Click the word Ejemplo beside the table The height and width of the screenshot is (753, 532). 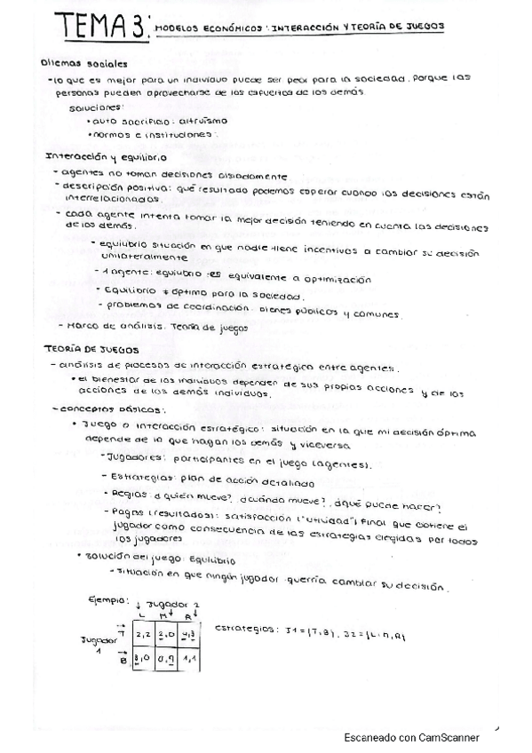point(107,602)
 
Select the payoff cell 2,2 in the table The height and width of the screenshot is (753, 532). point(145,634)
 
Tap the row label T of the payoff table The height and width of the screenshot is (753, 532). point(122,632)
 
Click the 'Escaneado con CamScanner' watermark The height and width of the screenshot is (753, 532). point(411,737)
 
